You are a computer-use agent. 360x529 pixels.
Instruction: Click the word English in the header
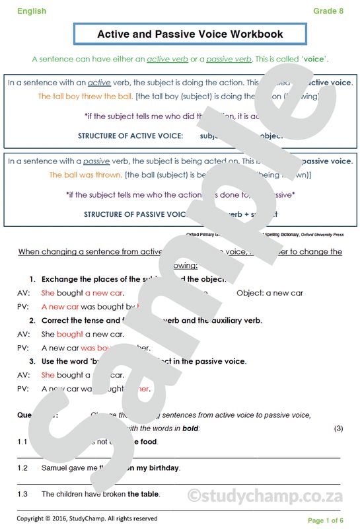[32, 11]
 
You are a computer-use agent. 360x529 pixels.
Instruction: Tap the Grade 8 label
[328, 11]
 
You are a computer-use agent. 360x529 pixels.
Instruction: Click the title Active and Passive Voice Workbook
[190, 34]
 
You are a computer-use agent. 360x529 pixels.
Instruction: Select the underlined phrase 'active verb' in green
[167, 60]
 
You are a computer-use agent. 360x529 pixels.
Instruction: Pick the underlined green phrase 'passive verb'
[229, 60]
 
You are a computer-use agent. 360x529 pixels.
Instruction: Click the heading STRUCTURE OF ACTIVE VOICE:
[130, 136]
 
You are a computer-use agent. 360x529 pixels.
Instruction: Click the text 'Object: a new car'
[270, 293]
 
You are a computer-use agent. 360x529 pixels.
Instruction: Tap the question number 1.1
[22, 442]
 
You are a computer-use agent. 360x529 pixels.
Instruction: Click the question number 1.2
[22, 468]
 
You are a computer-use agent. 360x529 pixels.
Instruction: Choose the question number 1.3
[22, 494]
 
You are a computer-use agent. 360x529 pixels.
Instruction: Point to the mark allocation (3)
[338, 428]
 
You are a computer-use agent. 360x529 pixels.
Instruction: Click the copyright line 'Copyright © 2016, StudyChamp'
[87, 518]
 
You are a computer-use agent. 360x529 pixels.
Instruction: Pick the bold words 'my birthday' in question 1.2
[158, 468]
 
